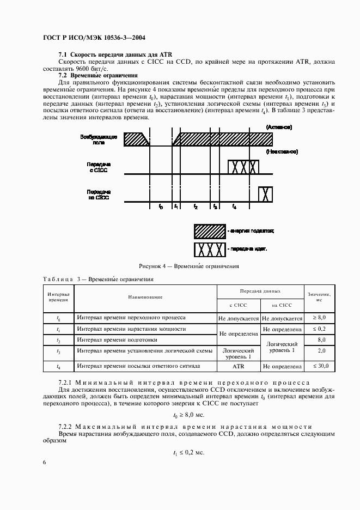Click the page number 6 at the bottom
point(44,462)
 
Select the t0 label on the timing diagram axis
point(160,208)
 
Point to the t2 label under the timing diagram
point(195,208)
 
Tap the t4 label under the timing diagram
point(234,208)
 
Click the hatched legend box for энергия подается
point(210,232)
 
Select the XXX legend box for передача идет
point(210,251)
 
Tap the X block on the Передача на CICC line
point(265,194)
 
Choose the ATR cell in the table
point(238,366)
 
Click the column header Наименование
point(145,297)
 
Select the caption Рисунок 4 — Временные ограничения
point(189,266)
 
